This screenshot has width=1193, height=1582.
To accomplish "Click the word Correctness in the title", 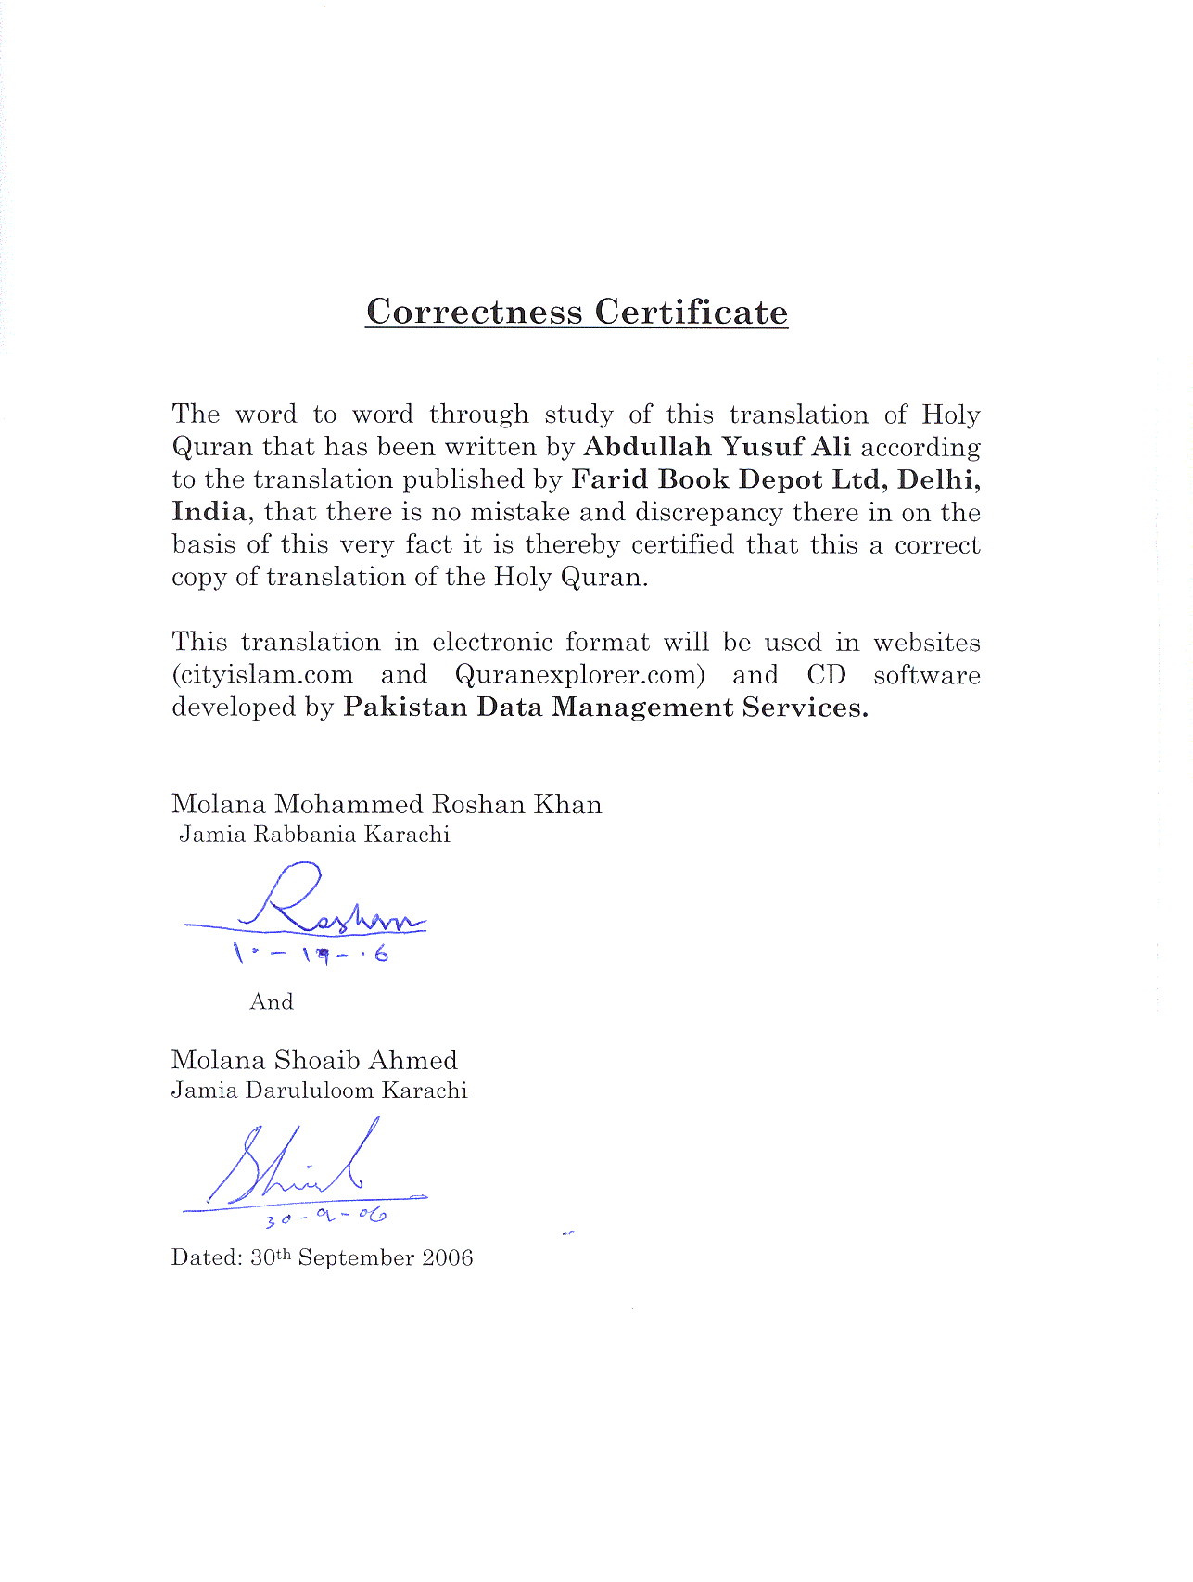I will tap(475, 312).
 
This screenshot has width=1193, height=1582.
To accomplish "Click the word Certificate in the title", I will tap(691, 312).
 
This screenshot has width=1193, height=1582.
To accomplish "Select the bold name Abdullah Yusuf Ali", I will tap(717, 447).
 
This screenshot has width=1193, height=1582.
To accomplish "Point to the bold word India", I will tap(209, 512).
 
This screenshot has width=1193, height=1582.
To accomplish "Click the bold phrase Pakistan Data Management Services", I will tap(605, 708).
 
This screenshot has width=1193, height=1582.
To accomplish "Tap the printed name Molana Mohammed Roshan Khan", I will tap(387, 804).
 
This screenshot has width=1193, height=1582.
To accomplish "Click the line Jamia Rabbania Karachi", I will tap(314, 835).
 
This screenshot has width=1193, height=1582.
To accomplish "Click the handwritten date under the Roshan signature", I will tap(311, 951).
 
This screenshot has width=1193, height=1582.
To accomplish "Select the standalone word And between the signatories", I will tap(272, 1002).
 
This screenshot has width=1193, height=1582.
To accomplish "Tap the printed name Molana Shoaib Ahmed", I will tap(314, 1060).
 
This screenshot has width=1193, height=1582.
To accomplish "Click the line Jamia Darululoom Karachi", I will tap(319, 1091).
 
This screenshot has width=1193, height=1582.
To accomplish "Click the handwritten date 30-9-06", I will tap(324, 1216).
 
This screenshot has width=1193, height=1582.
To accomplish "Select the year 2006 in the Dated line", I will tap(447, 1258).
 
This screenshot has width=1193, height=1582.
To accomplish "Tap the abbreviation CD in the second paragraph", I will tap(826, 675).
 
